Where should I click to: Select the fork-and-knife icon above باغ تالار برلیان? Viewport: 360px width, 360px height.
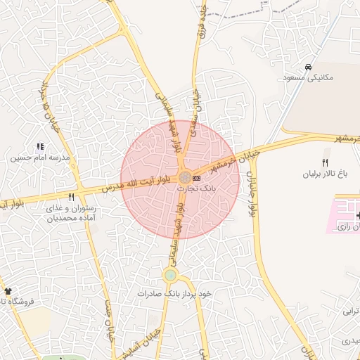tap(325, 162)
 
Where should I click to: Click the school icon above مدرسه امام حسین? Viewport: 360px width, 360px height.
tap(40, 147)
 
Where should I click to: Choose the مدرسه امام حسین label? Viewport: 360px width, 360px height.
tap(40, 158)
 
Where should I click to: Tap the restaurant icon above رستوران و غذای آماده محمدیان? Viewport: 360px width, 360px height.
tap(71, 198)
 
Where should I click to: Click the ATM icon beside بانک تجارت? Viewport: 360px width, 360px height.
tap(195, 178)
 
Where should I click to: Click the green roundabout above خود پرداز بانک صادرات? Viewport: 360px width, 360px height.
tap(170, 275)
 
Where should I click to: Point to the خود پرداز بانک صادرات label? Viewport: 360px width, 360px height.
tap(174, 292)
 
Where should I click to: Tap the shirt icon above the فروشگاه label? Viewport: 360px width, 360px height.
tap(8, 290)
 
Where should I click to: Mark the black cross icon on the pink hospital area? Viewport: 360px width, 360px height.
tap(358, 215)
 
